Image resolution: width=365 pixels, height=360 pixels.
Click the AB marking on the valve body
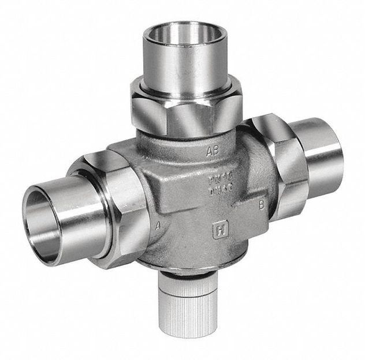[x=213, y=151]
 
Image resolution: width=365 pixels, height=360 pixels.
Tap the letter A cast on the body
[x=158, y=226]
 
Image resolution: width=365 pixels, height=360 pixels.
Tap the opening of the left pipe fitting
[x=43, y=213]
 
